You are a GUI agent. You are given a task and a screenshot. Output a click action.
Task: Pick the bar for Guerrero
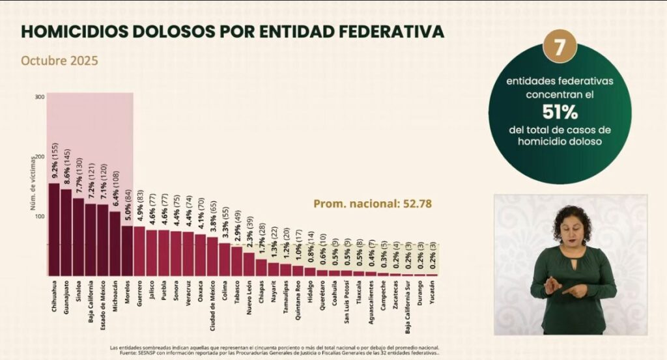(139, 251)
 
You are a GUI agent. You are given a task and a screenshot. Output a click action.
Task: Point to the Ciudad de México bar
(212, 256)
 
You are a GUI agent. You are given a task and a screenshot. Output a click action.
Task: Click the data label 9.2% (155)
(54, 160)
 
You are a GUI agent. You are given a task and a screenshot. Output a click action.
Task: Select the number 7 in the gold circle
(559, 48)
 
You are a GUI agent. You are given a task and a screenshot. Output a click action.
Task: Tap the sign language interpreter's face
(571, 225)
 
